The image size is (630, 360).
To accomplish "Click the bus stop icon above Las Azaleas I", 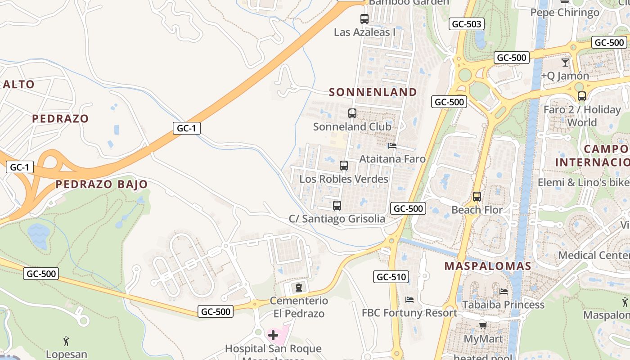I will tap(364, 19).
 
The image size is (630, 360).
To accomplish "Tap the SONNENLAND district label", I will tap(373, 92).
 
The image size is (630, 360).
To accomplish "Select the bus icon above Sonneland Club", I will tap(352, 113).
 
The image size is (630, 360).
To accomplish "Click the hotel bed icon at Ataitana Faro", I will tap(392, 146).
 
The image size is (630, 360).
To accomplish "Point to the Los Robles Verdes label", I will tap(344, 179).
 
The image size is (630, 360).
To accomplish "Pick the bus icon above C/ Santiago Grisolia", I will tap(337, 206).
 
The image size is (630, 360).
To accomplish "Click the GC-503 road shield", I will tap(466, 24).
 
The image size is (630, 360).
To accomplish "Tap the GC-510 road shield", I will tap(391, 277).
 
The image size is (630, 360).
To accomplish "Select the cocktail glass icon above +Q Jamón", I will tap(565, 63).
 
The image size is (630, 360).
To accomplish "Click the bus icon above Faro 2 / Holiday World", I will tap(582, 96).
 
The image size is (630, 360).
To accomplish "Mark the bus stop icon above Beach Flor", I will tap(477, 197).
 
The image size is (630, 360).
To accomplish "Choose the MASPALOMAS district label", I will tap(488, 266).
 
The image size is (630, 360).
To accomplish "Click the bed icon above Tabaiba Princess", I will tap(504, 292).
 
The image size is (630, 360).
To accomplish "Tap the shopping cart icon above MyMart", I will tap(483, 325).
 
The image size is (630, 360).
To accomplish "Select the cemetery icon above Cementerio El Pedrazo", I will tap(298, 287).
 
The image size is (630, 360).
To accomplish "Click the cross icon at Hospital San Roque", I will tap(273, 335).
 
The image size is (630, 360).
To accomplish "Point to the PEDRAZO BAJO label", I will tap(102, 184).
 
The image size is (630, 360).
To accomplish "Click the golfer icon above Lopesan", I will tap(66, 341).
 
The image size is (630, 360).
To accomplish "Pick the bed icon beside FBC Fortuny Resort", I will tap(409, 300).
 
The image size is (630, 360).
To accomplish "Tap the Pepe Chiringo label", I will tap(565, 12).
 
